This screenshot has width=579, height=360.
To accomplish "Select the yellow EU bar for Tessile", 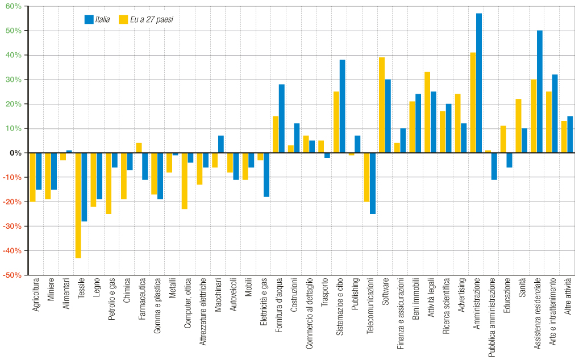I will (x=78, y=205).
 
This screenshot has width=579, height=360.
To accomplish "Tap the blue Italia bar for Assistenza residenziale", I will (x=540, y=91).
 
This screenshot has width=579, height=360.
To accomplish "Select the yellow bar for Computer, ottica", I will (x=185, y=181).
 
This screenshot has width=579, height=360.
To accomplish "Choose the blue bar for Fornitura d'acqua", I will (x=282, y=119).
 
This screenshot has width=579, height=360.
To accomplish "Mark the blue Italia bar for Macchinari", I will (x=221, y=144).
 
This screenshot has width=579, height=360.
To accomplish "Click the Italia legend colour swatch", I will (x=89, y=19).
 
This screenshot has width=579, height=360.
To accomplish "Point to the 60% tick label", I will (x=14, y=6).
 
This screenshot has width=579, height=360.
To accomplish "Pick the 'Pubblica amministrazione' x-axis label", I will (x=493, y=316).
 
